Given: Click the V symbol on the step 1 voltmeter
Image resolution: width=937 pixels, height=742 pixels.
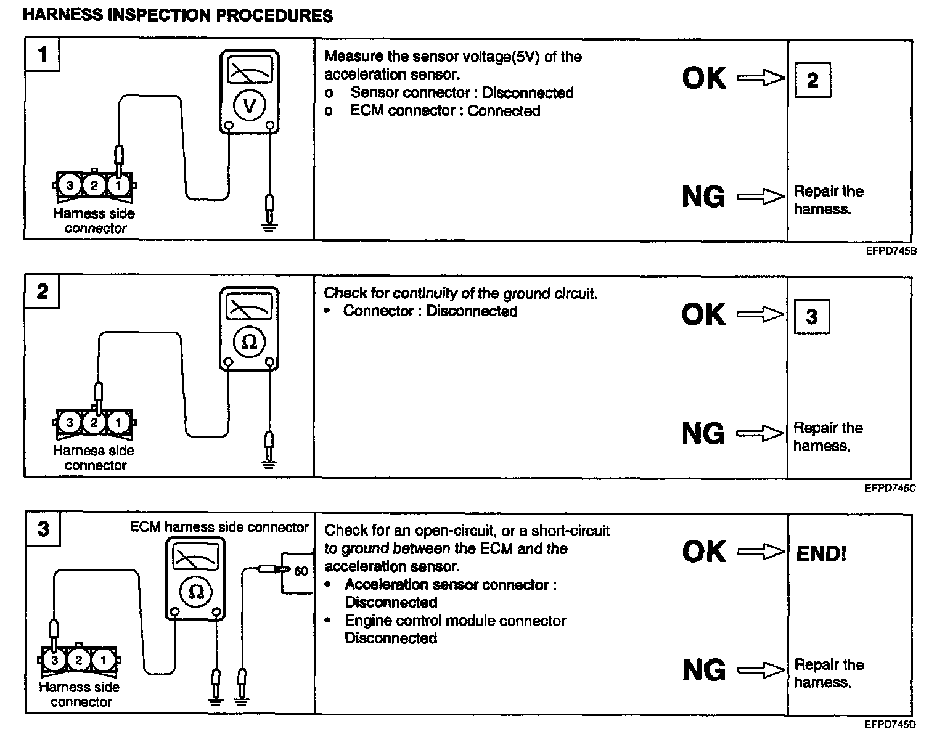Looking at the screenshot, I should [x=249, y=105].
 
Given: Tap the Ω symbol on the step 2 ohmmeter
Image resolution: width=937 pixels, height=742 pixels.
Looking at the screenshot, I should [x=249, y=341].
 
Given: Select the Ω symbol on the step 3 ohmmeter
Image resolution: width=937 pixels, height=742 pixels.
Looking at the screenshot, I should [x=196, y=592].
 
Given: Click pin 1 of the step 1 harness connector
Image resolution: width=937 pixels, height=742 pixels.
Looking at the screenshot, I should [x=118, y=185].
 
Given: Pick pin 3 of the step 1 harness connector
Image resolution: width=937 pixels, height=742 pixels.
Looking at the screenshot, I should [x=70, y=185].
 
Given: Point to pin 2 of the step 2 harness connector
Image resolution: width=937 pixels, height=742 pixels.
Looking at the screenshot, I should [x=94, y=422].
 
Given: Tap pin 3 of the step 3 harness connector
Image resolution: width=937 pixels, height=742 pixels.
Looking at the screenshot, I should [x=55, y=660].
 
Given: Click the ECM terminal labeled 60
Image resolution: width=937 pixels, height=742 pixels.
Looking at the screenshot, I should [x=300, y=571].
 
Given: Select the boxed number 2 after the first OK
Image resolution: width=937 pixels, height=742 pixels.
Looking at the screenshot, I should [x=812, y=80].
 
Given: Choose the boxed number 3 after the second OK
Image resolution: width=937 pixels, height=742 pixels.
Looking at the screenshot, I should [x=811, y=317].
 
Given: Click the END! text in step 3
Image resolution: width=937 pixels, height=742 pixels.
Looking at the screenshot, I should [x=821, y=553].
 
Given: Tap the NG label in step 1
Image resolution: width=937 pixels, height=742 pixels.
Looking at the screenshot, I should [x=703, y=197].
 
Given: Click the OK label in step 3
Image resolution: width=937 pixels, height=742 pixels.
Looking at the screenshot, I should [x=703, y=552].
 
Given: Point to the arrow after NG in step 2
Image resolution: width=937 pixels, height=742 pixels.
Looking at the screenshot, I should [x=760, y=433].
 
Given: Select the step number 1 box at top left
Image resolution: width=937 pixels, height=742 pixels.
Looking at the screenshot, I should [x=42, y=55].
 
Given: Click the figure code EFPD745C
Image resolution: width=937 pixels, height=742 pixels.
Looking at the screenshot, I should [x=890, y=488].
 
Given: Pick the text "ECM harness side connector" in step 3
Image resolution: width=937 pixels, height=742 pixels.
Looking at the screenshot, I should [x=219, y=528].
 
